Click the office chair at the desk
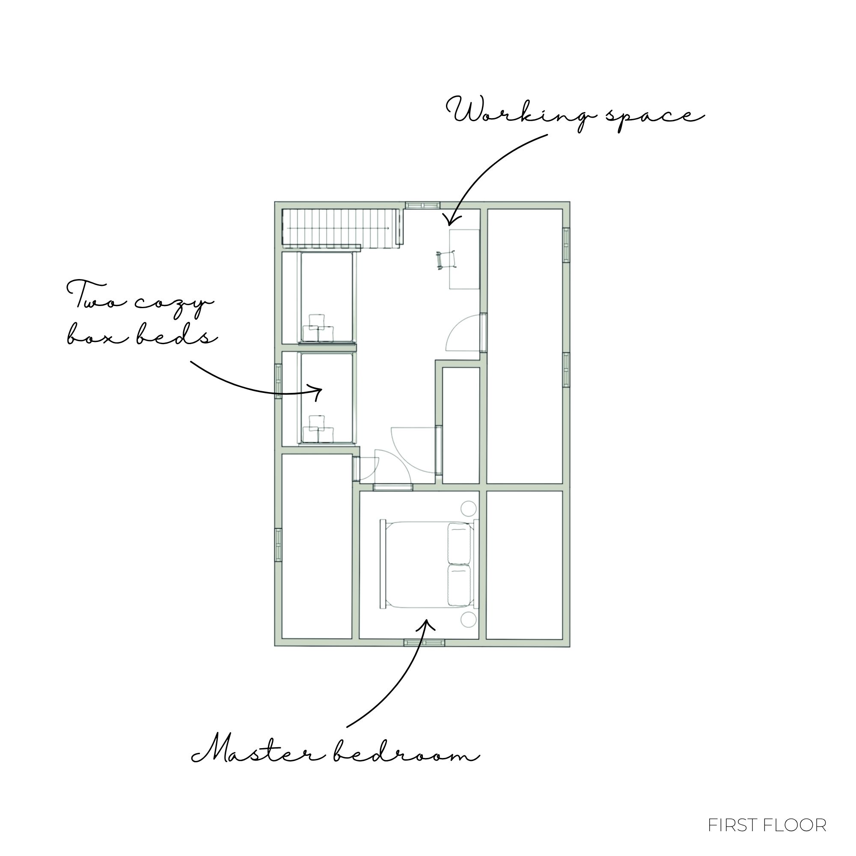(x=446, y=260)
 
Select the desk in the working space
(x=464, y=259)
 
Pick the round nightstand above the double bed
(x=469, y=508)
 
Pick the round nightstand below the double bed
(x=469, y=619)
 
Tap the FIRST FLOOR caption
(x=767, y=825)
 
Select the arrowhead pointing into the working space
(x=451, y=219)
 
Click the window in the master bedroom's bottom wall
(x=424, y=643)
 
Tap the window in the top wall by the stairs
(x=423, y=205)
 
